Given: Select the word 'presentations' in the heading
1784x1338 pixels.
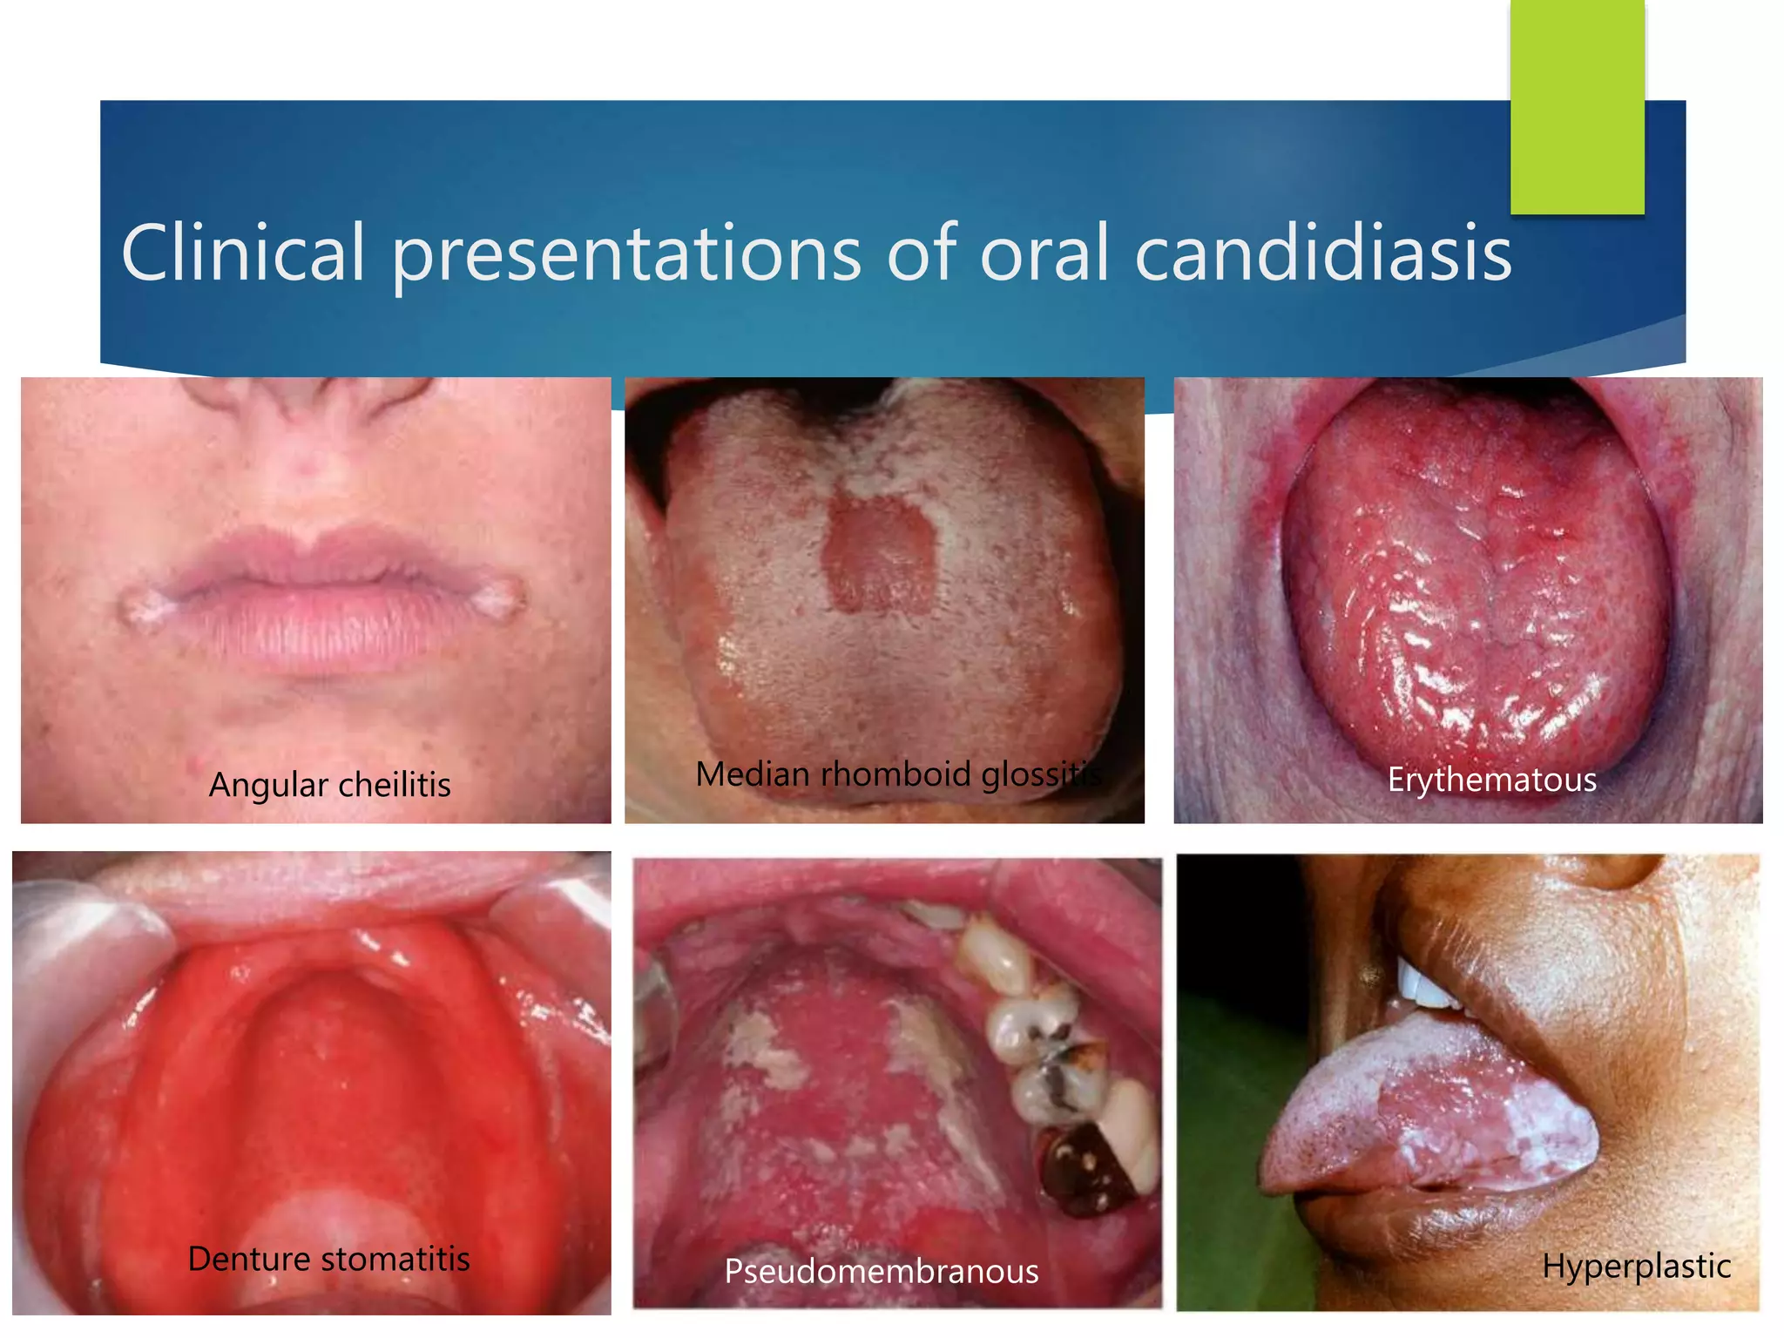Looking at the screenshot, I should point(625,254).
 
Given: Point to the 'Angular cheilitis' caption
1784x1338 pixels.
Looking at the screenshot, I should point(329,785).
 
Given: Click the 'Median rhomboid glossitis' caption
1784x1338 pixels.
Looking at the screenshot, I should point(897,774).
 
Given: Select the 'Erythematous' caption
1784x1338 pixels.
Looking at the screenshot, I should point(1491,780).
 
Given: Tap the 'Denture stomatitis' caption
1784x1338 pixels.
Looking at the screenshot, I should point(328,1259).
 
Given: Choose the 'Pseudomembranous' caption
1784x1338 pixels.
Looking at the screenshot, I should point(881,1272).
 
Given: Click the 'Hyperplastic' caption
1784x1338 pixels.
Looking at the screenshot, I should point(1636,1266).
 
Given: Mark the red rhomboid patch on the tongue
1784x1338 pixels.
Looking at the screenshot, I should point(880,553).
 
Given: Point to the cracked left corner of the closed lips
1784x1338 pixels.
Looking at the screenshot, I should point(139,603).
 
